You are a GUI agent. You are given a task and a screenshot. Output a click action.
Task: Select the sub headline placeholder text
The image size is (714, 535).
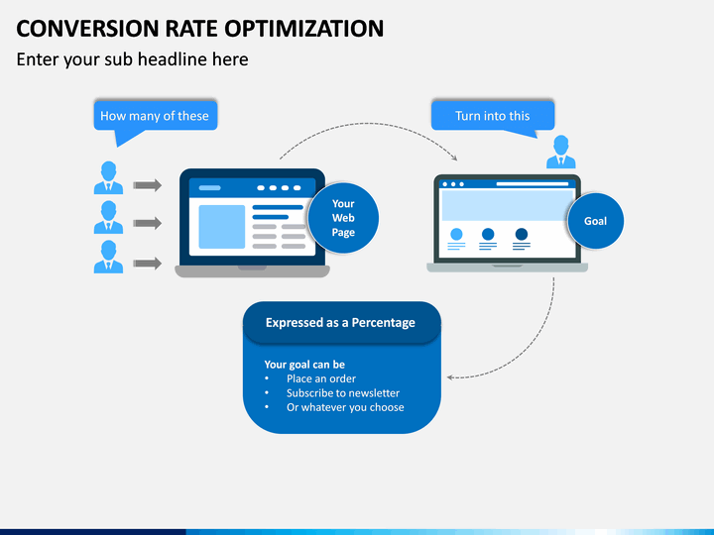(x=132, y=59)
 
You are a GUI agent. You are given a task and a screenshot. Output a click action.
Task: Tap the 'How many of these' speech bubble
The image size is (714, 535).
(x=155, y=116)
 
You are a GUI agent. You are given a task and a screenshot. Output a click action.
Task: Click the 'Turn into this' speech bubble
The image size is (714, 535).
(x=492, y=116)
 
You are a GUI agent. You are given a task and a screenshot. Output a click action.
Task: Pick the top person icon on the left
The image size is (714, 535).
(x=108, y=178)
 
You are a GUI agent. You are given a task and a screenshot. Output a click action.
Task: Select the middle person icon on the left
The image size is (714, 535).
(x=108, y=218)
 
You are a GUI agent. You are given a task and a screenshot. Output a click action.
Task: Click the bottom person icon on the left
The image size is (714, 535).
(x=108, y=257)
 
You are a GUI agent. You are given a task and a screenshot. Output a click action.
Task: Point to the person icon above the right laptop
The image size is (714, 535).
(x=561, y=153)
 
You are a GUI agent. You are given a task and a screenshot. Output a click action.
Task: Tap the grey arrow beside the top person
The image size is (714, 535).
(x=147, y=184)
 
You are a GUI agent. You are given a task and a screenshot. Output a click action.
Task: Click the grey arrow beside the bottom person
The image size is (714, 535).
(x=147, y=264)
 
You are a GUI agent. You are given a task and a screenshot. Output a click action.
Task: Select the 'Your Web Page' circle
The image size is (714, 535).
(x=343, y=218)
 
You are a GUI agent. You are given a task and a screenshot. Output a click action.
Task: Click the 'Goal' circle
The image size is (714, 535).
(x=595, y=221)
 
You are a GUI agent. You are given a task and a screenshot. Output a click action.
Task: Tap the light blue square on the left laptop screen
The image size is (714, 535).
(x=221, y=227)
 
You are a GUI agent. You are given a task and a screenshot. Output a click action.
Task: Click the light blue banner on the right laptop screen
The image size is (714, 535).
(x=506, y=205)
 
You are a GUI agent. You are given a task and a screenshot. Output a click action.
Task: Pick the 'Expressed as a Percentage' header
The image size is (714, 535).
(x=340, y=323)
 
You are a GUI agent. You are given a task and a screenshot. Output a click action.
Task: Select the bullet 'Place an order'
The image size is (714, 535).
(x=320, y=378)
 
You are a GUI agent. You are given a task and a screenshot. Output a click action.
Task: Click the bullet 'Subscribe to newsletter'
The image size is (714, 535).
(x=342, y=393)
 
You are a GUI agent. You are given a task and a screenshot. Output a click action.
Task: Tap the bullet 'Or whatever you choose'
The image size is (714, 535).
(x=344, y=407)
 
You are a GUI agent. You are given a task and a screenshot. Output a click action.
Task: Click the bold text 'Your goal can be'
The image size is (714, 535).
(x=304, y=365)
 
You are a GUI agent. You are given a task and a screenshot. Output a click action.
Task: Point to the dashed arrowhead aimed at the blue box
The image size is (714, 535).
(x=451, y=376)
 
